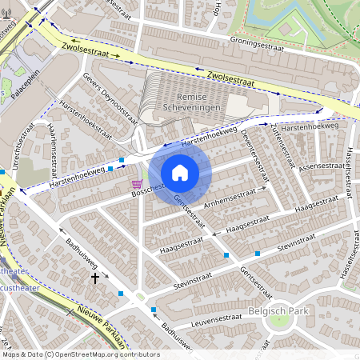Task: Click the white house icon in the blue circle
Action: click(x=180, y=172)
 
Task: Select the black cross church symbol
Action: click(x=95, y=278)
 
